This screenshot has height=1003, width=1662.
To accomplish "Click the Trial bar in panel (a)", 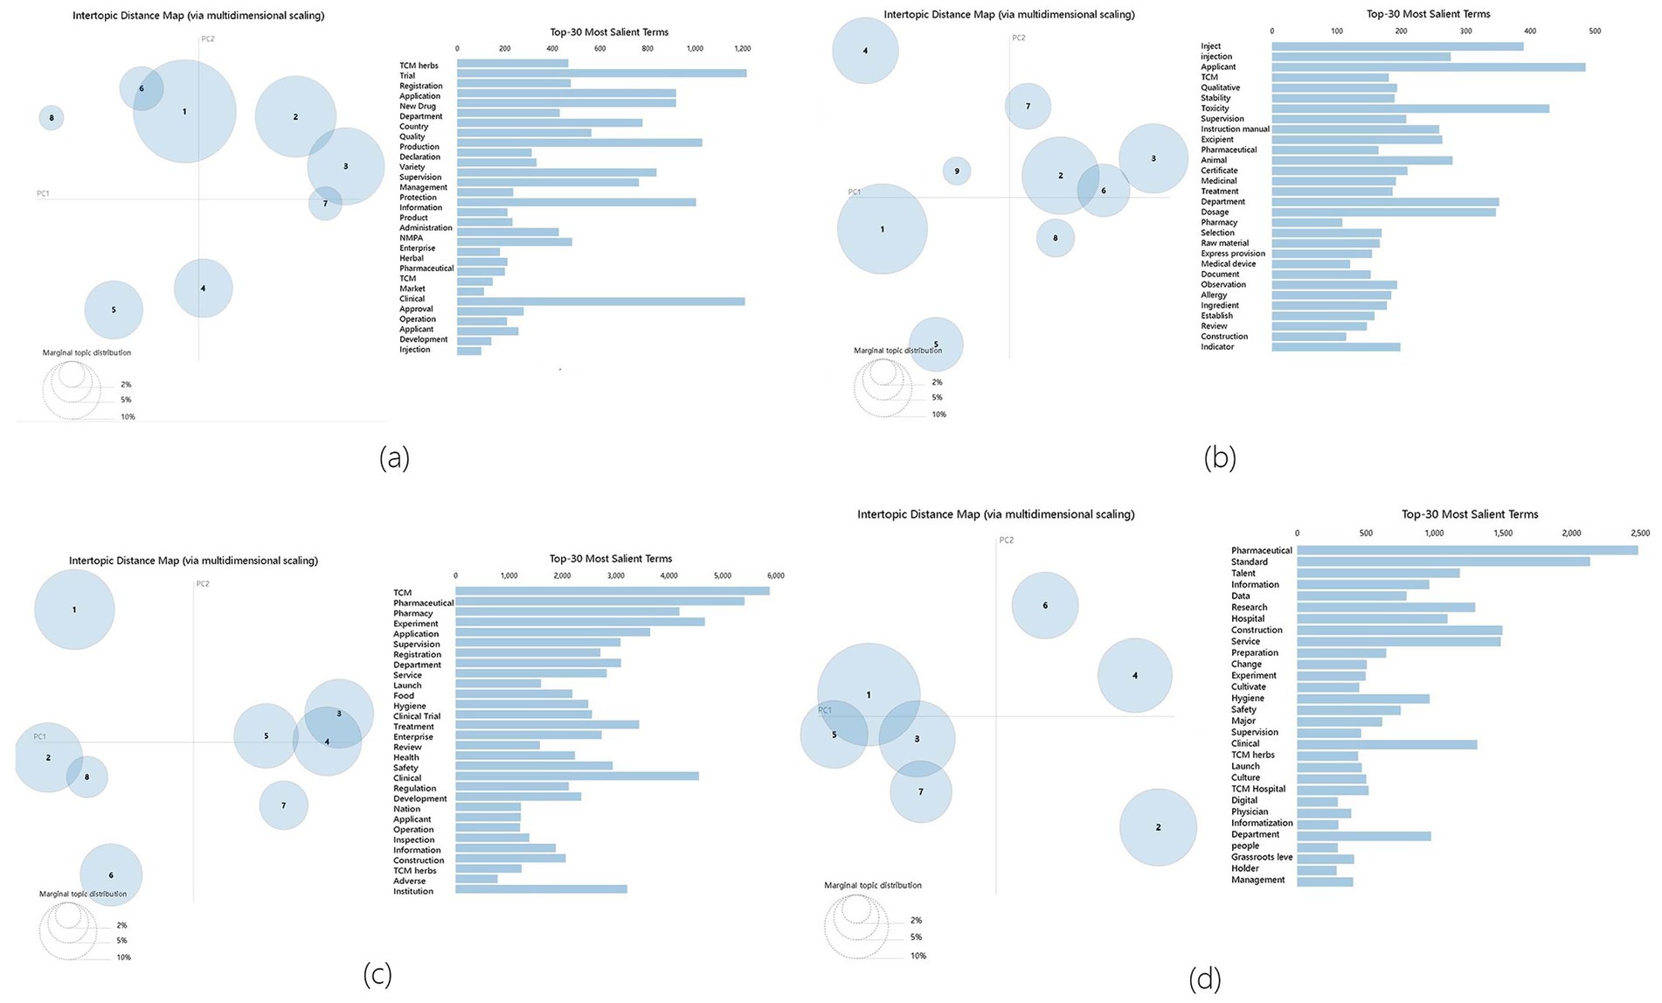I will coord(601,73).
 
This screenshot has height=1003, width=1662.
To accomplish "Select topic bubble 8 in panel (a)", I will coord(52,118).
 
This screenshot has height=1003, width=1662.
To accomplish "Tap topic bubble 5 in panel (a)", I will coord(114,310).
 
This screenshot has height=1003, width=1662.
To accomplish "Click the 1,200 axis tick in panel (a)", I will coord(742,49).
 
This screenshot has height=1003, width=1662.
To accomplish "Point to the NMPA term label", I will coord(411,238).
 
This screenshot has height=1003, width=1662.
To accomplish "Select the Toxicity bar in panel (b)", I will coord(1409,108).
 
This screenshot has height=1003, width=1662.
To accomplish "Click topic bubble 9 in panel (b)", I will coord(957,171).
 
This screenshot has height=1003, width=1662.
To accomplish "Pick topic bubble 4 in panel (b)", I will coord(865,51).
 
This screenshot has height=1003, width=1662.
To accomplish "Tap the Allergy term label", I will coord(1214,296).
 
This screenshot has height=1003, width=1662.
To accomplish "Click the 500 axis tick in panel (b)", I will coord(1595,31).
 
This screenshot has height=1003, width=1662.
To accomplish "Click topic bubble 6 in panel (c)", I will coord(111,874).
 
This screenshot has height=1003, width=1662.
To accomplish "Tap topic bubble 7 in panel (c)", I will coord(283,805).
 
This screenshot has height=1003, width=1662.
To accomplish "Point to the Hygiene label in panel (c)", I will coord(410,707).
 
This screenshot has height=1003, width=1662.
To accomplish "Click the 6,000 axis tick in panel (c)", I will coord(775,576).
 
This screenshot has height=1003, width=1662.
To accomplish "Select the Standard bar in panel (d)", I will coord(1443,561).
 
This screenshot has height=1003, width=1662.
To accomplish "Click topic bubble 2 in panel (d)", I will coord(1158,827).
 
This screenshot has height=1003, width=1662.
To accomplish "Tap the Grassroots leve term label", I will coord(1261,858).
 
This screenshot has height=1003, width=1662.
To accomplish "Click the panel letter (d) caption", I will coord(1204,979).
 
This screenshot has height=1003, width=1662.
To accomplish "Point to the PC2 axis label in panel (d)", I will coord(1007,540).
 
